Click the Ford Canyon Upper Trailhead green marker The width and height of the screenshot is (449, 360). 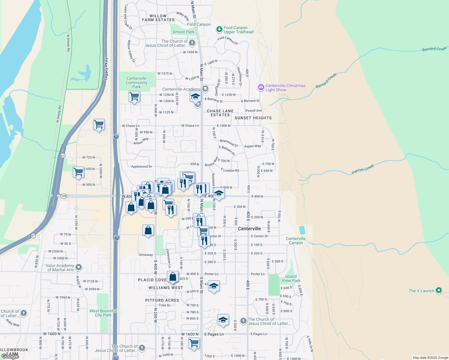219,29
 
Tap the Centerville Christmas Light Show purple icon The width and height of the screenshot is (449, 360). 261,87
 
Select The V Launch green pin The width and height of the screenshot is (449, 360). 439,290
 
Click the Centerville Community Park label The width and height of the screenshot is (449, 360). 137,82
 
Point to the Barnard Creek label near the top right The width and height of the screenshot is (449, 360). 434,49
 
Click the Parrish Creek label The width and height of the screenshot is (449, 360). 363,169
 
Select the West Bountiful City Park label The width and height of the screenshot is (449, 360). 103,313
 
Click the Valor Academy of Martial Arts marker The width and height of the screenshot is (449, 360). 79,267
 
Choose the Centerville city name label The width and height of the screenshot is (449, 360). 249,229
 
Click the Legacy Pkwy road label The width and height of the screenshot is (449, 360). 106,69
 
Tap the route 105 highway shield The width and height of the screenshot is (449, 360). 64,196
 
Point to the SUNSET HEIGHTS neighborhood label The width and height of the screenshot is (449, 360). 253,118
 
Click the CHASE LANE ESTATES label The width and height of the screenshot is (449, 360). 220,113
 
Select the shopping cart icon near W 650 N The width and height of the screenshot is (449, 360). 79,172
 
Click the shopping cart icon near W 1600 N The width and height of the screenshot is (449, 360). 194,343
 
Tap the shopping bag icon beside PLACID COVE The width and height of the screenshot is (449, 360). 173,277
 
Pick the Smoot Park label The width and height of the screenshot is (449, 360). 183,32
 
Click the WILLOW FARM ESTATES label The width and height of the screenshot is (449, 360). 158,18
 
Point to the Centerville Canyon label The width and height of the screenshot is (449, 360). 296,241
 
